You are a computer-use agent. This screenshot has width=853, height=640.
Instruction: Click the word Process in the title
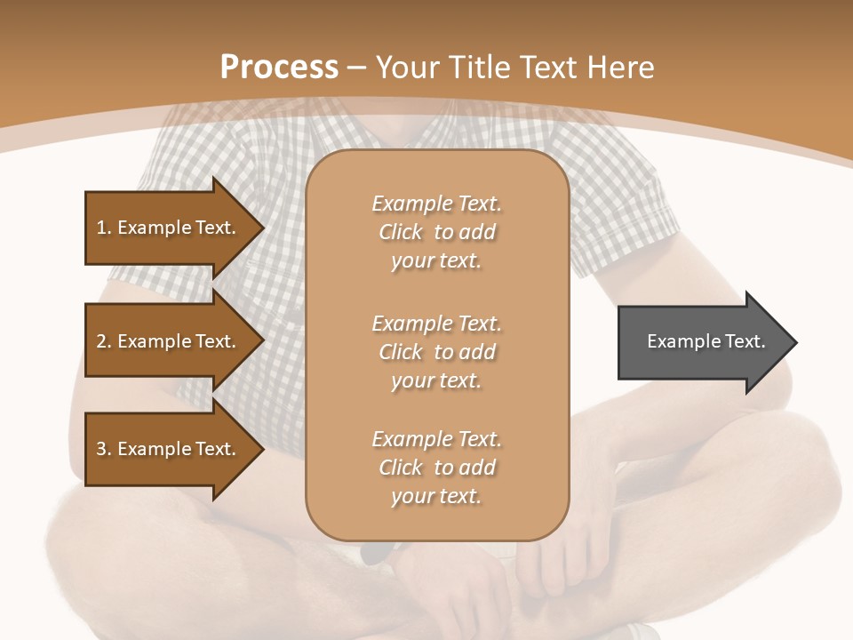click(279, 67)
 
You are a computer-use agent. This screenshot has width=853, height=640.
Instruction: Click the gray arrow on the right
click(702, 341)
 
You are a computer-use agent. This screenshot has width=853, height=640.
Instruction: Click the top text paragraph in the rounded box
click(436, 232)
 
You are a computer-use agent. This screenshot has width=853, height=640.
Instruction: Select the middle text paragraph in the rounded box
click(436, 352)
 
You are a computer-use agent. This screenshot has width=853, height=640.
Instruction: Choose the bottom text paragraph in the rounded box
click(436, 468)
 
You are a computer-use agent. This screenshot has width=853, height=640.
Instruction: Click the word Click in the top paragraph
click(401, 232)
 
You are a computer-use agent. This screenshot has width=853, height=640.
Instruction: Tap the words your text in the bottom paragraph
click(436, 496)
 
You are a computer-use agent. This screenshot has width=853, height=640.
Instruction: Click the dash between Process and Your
click(357, 68)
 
